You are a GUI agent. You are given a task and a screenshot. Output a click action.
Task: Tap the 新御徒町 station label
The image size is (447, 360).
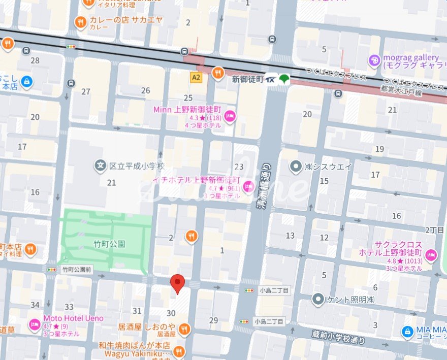point(247,79)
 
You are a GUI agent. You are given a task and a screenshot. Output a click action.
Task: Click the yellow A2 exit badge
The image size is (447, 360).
point(196,77)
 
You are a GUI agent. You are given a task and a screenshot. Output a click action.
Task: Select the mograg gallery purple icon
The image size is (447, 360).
point(375,60)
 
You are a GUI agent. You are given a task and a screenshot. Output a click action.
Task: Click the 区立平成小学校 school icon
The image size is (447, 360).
point(100,166)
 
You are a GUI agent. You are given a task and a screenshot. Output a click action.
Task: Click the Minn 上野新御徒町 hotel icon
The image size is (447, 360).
point(230,116)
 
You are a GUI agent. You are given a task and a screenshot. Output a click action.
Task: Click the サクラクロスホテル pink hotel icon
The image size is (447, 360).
point(431,255)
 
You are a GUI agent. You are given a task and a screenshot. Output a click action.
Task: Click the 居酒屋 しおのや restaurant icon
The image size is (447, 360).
point(184,329)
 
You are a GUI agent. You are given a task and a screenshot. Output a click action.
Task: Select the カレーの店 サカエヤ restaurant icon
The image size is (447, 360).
point(80,22)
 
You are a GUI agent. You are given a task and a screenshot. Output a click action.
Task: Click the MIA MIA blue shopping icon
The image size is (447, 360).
point(407,332)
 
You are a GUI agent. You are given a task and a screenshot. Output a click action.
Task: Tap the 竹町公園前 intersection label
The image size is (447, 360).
point(77,270)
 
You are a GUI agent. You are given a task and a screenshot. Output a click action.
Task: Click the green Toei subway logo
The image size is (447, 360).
point(284,79)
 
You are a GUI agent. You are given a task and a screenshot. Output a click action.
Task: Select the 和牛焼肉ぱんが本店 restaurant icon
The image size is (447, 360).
point(179,351)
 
